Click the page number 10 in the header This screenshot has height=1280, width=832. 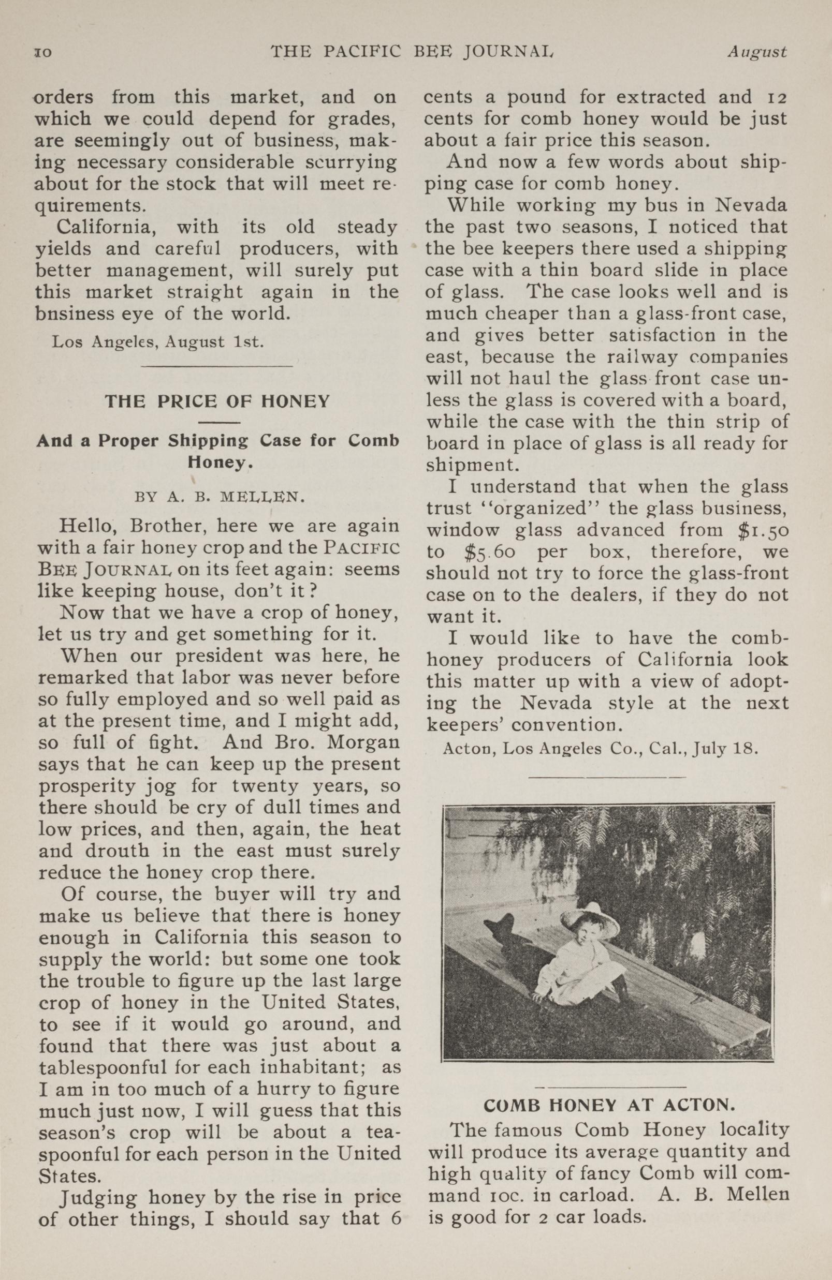click(x=42, y=53)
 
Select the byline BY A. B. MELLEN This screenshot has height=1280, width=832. click(x=220, y=496)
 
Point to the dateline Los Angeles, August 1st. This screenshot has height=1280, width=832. click(x=158, y=342)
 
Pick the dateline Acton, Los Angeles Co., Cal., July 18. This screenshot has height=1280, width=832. click(x=600, y=749)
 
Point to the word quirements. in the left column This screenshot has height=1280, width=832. click(x=86, y=205)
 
